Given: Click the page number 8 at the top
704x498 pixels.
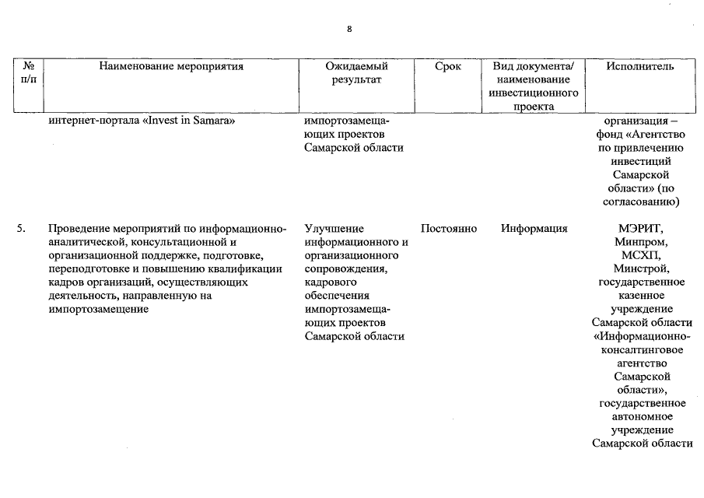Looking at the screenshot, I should (x=350, y=30).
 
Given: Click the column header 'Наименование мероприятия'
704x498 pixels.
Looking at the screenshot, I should (x=172, y=67).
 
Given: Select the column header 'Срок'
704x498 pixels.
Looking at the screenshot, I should (x=448, y=67).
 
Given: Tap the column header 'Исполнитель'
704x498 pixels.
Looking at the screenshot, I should (x=640, y=67).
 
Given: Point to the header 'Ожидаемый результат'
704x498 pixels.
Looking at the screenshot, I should (x=356, y=73).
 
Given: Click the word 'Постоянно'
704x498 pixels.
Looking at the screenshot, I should (x=448, y=229).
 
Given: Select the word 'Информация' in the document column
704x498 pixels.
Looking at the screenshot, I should (x=534, y=229).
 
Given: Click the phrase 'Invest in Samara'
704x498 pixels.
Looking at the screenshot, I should (x=190, y=121).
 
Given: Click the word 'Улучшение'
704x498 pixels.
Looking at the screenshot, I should (x=334, y=229).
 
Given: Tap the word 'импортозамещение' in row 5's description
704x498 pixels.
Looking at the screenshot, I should (x=98, y=309).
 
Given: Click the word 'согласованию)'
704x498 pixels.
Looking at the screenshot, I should (x=642, y=202).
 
